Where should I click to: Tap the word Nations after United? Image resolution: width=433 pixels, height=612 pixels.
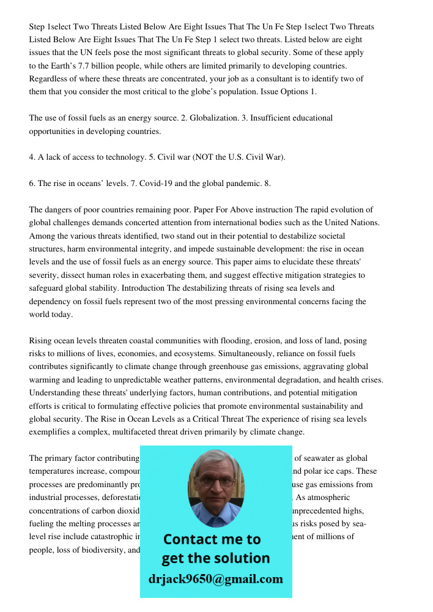(x=363, y=223)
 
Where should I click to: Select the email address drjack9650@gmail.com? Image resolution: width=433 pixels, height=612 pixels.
(x=216, y=579)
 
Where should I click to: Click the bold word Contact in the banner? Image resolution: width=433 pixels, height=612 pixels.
(x=191, y=539)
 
